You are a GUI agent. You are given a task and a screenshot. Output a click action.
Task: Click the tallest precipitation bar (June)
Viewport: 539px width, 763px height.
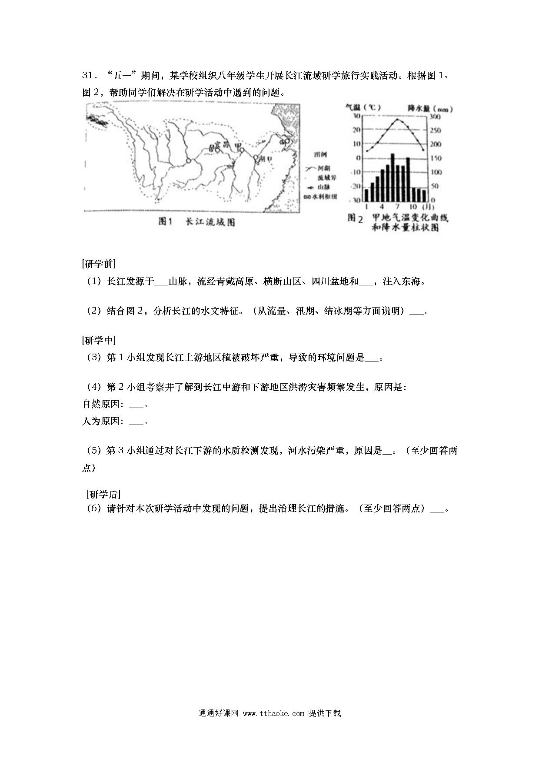coord(393,176)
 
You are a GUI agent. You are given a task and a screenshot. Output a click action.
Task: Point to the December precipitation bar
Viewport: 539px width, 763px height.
coord(424,195)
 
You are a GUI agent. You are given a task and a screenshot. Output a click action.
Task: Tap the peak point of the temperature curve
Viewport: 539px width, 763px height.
coord(397,119)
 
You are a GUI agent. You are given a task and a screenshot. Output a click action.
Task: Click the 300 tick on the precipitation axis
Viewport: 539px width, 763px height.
coord(435,117)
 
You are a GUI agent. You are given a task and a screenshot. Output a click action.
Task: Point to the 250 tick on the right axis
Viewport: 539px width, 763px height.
coord(435,131)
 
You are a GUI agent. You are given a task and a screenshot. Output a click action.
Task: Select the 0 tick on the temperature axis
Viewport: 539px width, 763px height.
coord(359,158)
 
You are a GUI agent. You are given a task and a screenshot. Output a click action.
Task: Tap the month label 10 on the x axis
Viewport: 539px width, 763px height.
coord(413,206)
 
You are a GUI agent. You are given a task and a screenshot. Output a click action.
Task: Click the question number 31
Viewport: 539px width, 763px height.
coord(87,76)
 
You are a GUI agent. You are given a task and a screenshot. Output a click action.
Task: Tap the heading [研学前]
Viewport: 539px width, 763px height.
coord(99,264)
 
